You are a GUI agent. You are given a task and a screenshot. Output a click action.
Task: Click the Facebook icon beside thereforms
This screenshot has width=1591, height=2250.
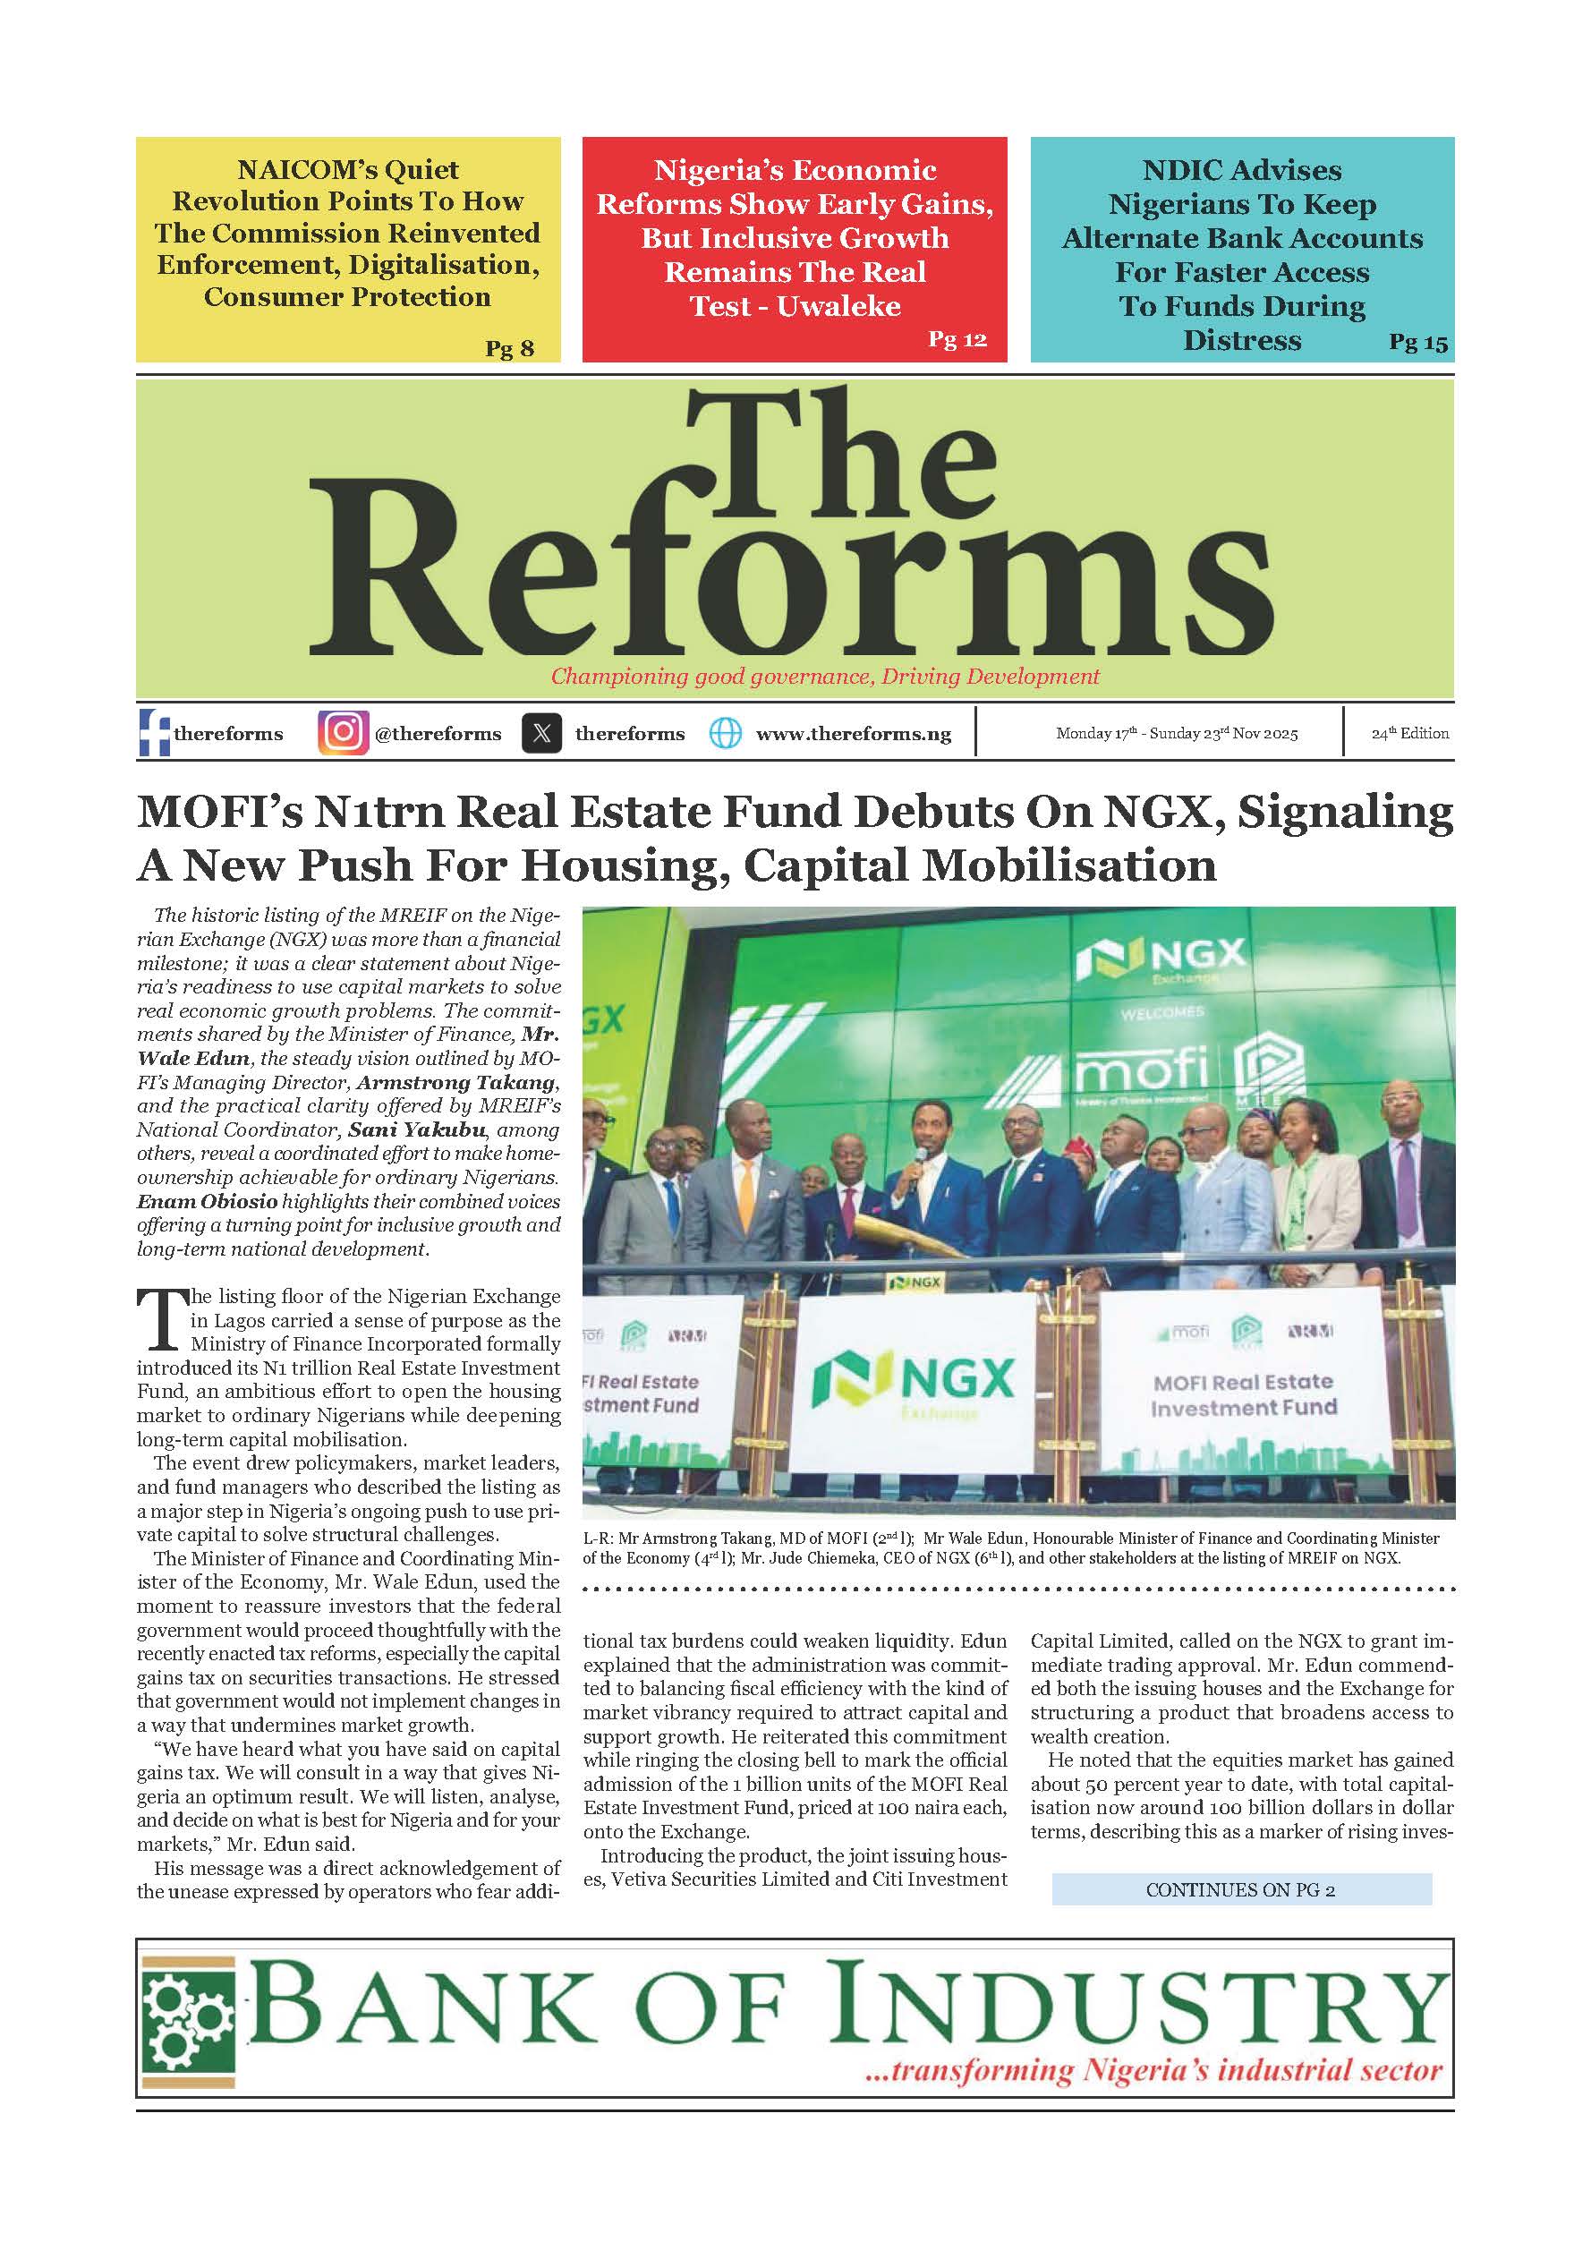coord(155,733)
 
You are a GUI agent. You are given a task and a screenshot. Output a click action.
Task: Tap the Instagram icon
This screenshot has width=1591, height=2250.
coord(343,733)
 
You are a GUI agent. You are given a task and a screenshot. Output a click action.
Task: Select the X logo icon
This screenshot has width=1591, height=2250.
coord(541,733)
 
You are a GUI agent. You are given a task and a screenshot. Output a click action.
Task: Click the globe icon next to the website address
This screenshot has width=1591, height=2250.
coord(725,733)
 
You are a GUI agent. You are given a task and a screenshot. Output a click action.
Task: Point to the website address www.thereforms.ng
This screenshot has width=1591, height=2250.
coord(854,734)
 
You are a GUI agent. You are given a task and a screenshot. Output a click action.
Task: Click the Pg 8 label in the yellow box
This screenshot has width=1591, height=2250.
coord(509,348)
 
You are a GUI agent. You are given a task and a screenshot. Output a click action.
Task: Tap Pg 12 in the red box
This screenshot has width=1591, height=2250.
coord(957,339)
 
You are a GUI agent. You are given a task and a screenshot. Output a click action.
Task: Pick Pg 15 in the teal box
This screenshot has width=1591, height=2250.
coord(1417,342)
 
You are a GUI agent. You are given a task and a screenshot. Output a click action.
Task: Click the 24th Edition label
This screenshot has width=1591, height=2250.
coord(1408,733)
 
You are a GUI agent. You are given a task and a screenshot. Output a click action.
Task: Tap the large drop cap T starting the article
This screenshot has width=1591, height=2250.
coord(159,1322)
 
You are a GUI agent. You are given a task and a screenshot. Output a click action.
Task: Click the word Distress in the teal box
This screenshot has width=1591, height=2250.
coord(1241,340)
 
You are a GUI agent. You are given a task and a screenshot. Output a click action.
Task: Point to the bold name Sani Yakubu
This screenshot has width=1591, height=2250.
coord(417,1129)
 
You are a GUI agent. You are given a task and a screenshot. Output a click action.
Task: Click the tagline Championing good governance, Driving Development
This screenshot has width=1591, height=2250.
coord(825,677)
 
